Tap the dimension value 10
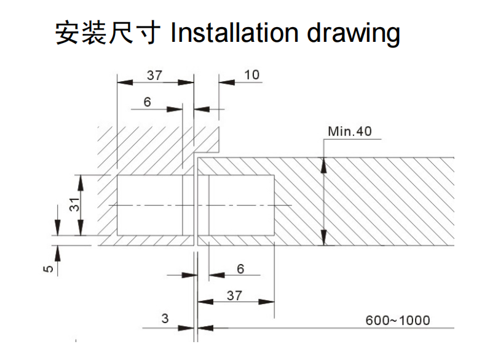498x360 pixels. (x=252, y=75)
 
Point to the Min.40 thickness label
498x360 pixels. (x=350, y=131)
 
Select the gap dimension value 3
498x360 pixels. (x=165, y=319)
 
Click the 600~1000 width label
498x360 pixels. (x=398, y=320)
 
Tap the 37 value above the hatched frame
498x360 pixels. (x=155, y=75)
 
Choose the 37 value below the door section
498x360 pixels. (x=234, y=295)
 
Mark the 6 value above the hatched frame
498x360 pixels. (x=148, y=102)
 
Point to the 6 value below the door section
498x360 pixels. (x=240, y=268)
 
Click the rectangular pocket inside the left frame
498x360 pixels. (x=149, y=204)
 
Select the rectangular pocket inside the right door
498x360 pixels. (x=242, y=204)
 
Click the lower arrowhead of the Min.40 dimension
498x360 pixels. (x=324, y=240)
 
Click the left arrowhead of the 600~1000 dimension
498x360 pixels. (x=203, y=327)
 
